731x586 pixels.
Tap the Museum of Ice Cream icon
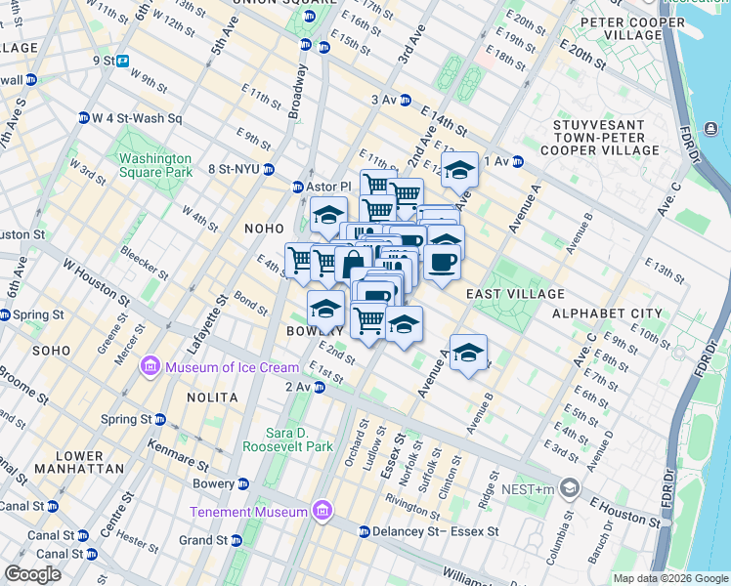[x=150, y=367]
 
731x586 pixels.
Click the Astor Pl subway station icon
[x=299, y=187]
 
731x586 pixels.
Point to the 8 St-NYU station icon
[x=269, y=168]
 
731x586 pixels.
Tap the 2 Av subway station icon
[x=319, y=388]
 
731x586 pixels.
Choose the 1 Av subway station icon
[x=519, y=161]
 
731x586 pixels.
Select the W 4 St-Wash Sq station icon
[x=84, y=118]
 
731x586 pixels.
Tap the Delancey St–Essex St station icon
[x=364, y=532]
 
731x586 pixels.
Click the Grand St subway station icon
[x=236, y=540]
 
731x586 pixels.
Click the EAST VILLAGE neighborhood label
[x=515, y=294]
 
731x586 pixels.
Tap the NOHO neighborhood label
[x=264, y=229]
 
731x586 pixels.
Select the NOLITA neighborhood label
[x=212, y=398]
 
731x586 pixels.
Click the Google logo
[x=33, y=574]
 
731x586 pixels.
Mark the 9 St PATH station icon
[x=124, y=61]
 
